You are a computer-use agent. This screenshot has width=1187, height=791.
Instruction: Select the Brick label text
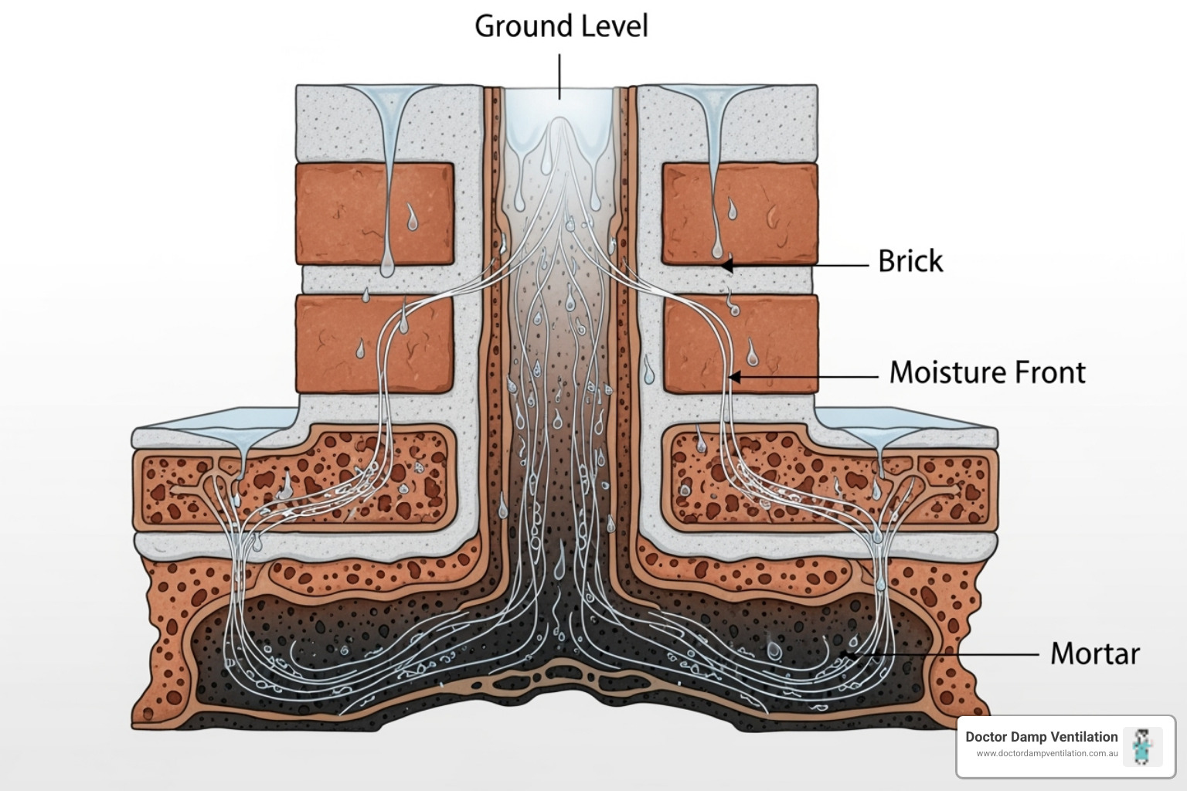910,261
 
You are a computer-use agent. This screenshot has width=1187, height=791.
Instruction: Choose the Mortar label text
1094,654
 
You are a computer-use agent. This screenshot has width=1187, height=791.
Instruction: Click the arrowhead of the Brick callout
726,265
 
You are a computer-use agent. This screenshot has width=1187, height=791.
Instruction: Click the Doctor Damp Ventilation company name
1041,737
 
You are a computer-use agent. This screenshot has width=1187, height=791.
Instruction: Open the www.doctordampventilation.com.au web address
1046,754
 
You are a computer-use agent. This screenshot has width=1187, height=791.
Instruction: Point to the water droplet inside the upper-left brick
413,218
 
